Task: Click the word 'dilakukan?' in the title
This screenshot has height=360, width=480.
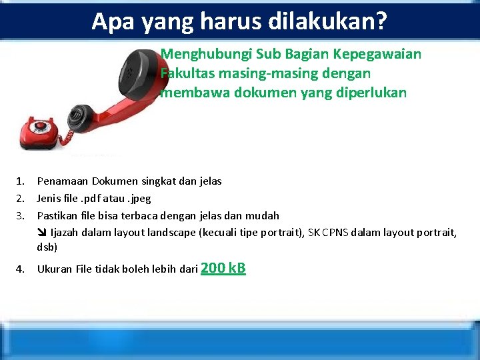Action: tap(327, 21)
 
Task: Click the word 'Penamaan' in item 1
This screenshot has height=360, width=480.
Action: tap(63, 181)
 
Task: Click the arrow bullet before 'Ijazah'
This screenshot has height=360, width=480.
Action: tap(42, 233)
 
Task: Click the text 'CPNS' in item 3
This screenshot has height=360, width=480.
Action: tap(337, 233)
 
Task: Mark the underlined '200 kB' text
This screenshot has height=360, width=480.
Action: tap(223, 268)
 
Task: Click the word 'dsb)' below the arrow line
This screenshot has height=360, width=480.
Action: tap(47, 247)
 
